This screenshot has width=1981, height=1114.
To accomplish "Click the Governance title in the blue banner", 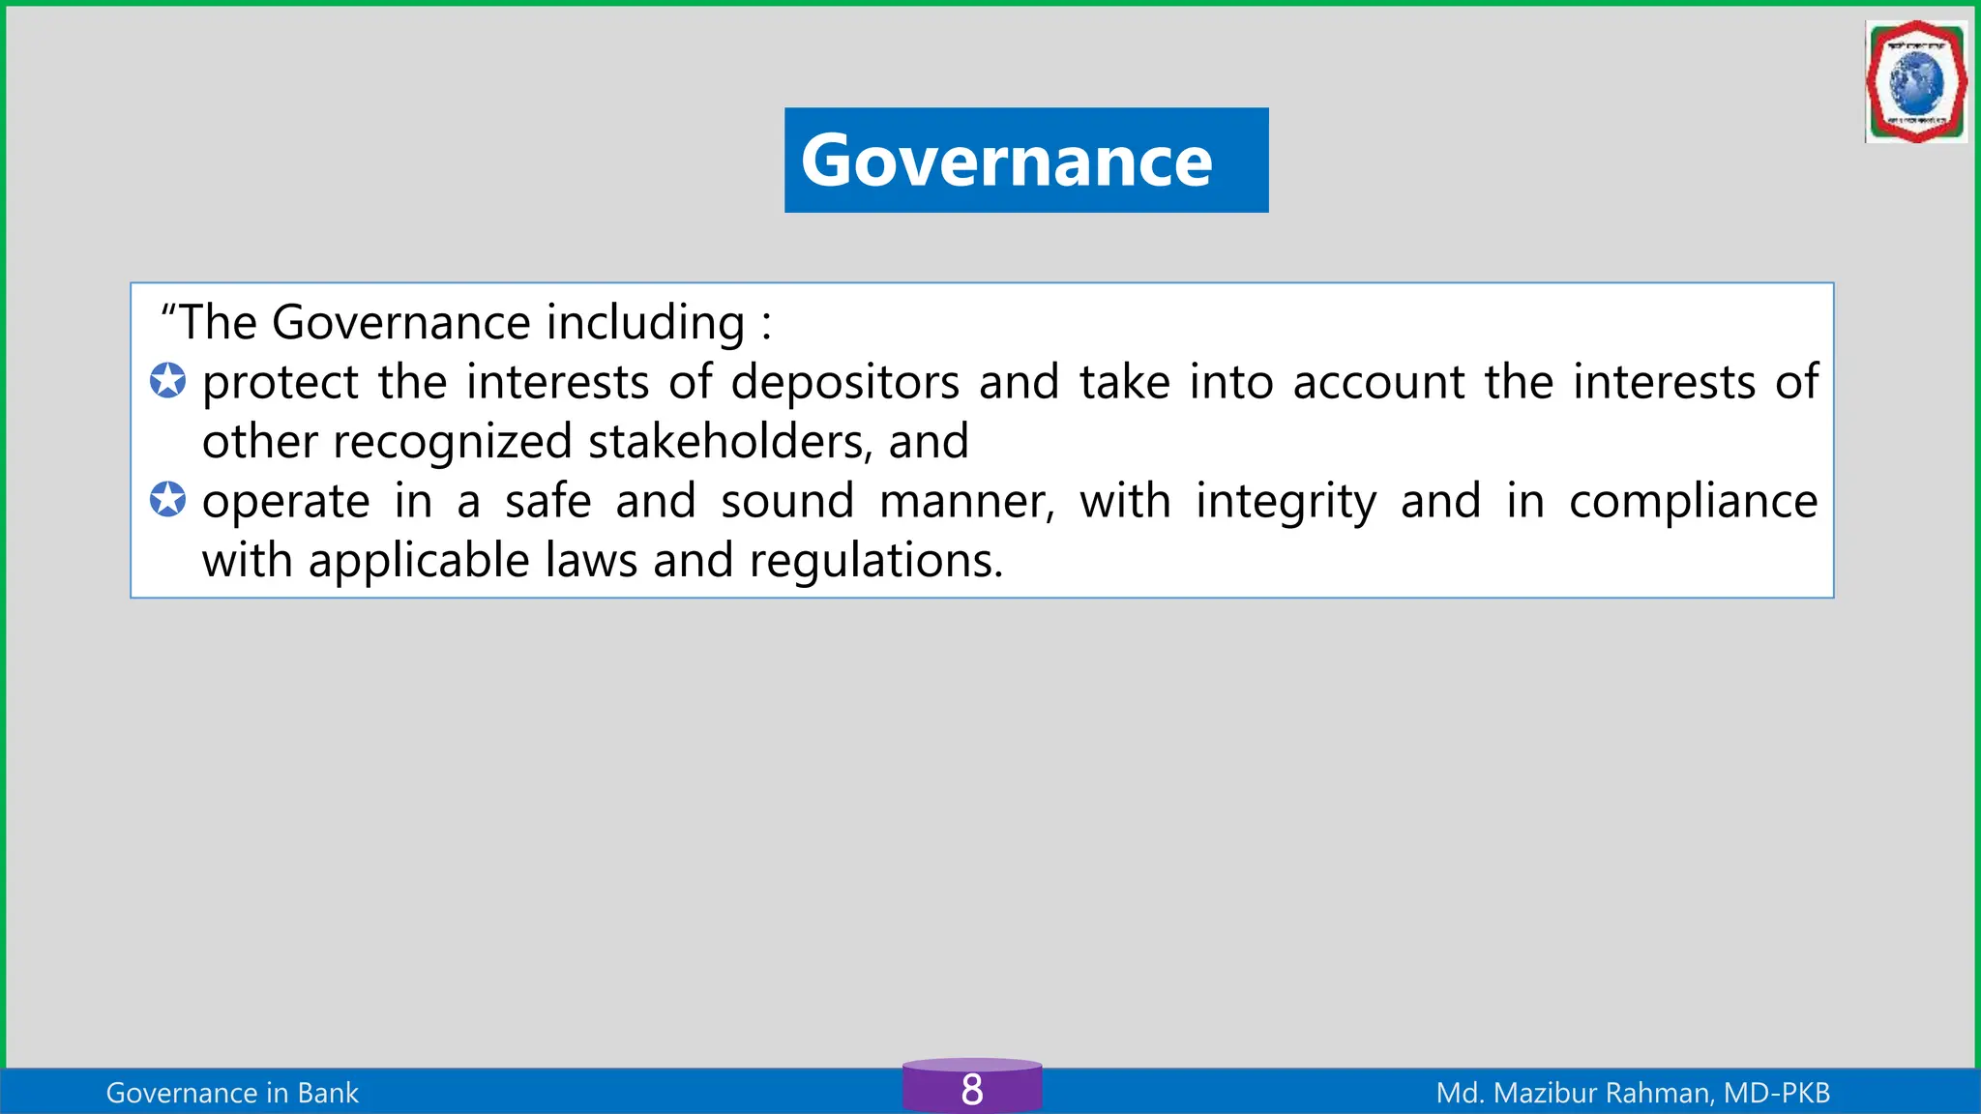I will tap(1006, 161).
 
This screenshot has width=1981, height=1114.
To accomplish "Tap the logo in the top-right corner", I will tap(1915, 83).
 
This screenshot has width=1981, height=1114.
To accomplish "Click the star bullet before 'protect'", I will tap(167, 381).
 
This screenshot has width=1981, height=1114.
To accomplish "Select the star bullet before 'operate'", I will tap(167, 500).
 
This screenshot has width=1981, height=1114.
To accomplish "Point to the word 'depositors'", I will tap(844, 383).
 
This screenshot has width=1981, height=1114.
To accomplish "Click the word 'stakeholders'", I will tap(725, 442).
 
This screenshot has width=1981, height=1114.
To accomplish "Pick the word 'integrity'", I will tap(1286, 502).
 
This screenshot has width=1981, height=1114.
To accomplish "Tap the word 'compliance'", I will tap(1693, 502).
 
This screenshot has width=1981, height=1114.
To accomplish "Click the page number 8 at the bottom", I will tap(972, 1090).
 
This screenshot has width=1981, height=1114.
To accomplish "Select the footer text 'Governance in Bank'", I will tap(232, 1093).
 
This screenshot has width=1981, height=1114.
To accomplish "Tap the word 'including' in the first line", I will tap(645, 323).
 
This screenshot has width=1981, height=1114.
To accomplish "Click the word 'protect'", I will tap(281, 383).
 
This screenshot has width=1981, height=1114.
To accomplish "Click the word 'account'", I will tap(1378, 383).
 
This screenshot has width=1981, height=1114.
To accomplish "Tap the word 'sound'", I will tap(787, 502).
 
